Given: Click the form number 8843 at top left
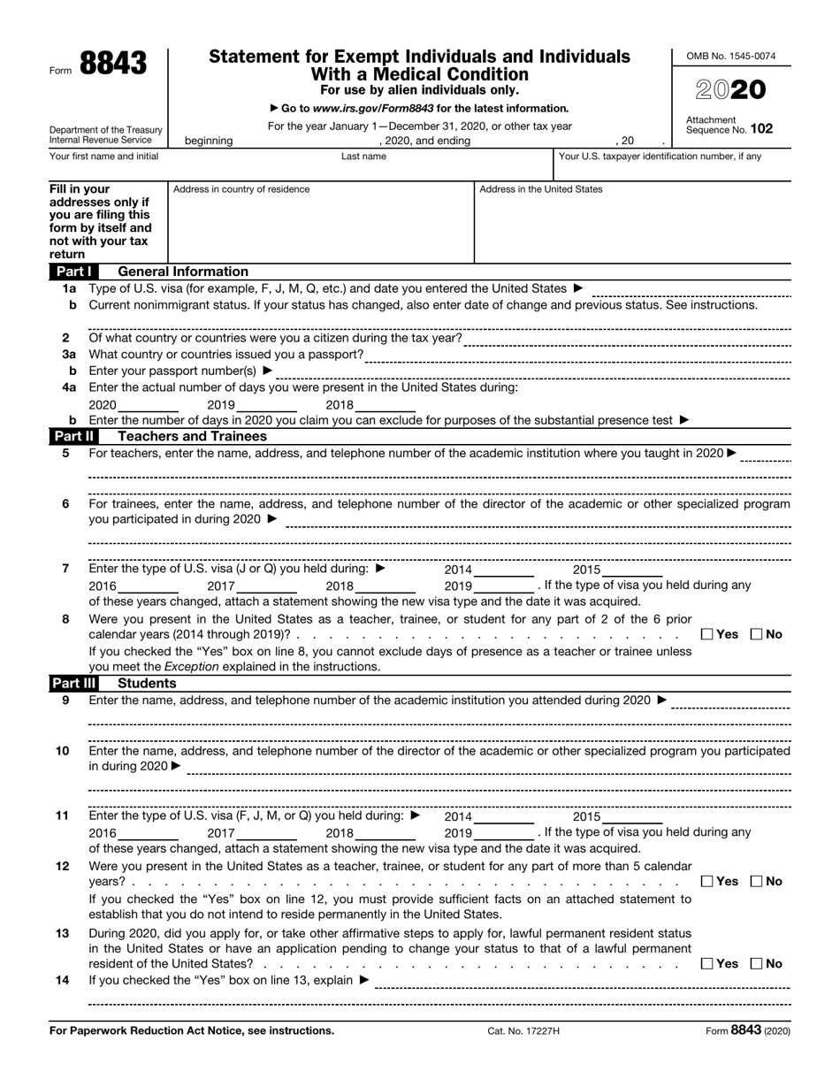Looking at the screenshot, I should (111, 64).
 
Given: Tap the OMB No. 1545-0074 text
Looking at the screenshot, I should (731, 57).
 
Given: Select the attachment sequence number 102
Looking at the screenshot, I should (761, 128).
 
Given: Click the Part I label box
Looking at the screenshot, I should (73, 272).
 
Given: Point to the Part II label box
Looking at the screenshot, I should (73, 436).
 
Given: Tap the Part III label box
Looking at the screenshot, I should (73, 683).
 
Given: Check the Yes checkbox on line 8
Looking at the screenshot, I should (707, 634).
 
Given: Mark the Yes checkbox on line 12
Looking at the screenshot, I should (707, 881).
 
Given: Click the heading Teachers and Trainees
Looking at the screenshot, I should (192, 436).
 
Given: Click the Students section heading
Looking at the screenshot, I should (147, 683).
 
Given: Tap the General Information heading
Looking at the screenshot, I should (183, 272).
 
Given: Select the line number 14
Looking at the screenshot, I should (63, 980).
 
